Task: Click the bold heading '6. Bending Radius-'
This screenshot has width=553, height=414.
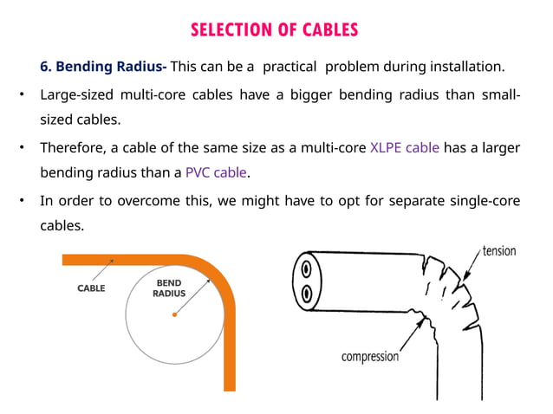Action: [x=104, y=67]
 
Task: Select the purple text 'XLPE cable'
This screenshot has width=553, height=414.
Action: [x=406, y=147]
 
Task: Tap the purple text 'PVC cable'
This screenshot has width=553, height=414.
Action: [x=217, y=172]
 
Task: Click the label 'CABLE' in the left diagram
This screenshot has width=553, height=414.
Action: [x=92, y=288]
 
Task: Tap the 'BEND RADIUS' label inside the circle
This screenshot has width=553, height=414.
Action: [x=169, y=288]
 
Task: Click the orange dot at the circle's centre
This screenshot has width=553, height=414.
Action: [x=174, y=314]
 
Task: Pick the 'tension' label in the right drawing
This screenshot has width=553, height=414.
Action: [x=499, y=251]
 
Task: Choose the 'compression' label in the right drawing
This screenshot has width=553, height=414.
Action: [x=369, y=356]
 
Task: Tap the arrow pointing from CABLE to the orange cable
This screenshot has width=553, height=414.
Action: [x=107, y=268]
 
